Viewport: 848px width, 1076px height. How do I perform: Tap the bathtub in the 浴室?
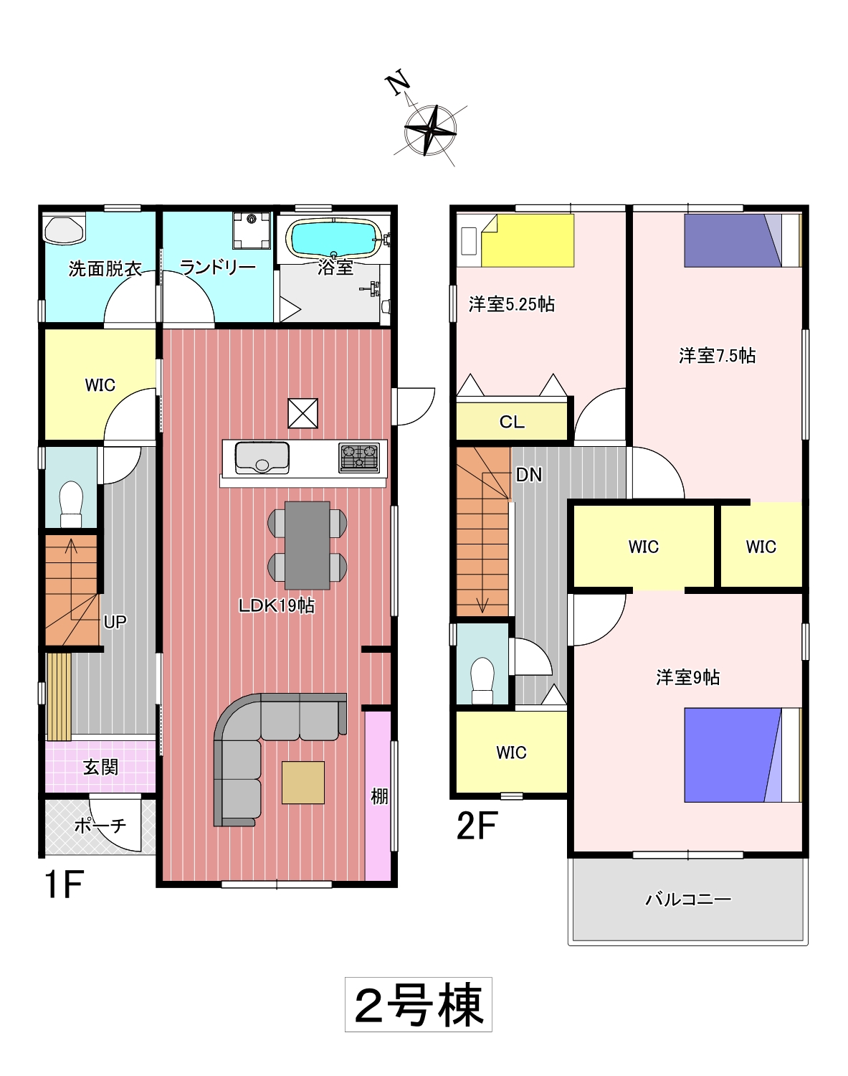click(333, 238)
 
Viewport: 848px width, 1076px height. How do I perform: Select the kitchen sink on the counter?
click(262, 458)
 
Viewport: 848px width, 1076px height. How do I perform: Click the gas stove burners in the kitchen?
click(359, 458)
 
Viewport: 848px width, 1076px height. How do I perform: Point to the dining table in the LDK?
click(307, 545)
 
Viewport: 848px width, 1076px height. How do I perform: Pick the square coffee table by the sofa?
click(302, 783)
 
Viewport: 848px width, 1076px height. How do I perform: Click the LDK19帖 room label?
click(277, 606)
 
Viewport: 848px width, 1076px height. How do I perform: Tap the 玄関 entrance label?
click(100, 767)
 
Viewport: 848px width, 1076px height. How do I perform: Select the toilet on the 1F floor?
click(71, 504)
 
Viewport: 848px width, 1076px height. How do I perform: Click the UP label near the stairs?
click(115, 622)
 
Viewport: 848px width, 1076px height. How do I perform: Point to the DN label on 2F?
click(528, 475)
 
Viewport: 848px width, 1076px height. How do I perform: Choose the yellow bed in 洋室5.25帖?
click(527, 240)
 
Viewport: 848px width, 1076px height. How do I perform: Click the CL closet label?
click(512, 422)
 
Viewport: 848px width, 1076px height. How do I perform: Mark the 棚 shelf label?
click(378, 796)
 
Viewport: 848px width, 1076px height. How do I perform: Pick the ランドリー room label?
click(217, 268)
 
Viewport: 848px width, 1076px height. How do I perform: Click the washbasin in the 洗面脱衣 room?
click(64, 230)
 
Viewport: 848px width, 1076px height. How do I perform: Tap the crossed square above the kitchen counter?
click(302, 413)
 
